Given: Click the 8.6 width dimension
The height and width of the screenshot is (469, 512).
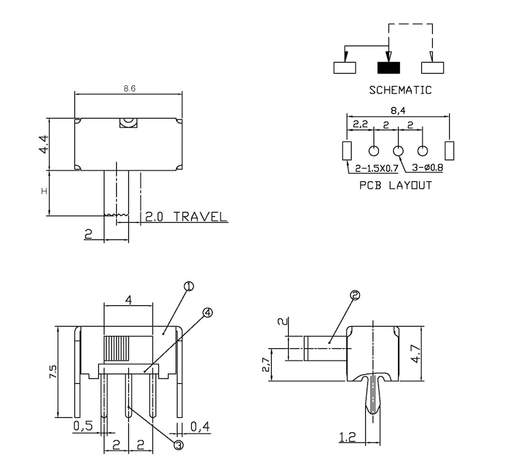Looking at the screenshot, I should (x=128, y=89).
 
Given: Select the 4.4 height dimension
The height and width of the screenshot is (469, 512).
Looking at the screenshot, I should (x=44, y=144).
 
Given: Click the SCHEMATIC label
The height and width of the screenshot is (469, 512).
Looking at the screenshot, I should (x=400, y=90).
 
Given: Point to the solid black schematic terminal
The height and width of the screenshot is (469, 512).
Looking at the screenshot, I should (x=388, y=67).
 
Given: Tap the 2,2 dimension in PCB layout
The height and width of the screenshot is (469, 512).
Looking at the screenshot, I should (x=360, y=125).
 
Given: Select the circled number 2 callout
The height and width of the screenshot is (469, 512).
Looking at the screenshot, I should (x=354, y=295).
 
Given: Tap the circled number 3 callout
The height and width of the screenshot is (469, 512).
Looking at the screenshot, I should (x=179, y=444).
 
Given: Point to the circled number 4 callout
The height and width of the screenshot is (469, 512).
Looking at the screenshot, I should (x=208, y=312).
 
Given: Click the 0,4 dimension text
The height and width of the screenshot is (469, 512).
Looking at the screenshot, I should (x=200, y=427).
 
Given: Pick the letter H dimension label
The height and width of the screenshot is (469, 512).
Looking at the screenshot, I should (x=44, y=192).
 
